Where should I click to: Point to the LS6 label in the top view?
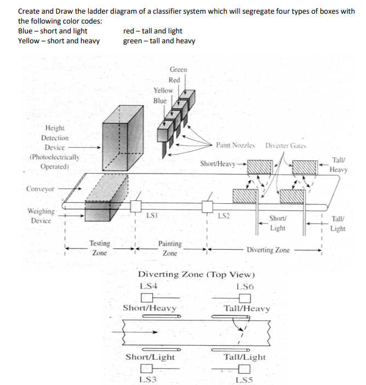point(244,286)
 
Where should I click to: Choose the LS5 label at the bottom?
point(244,379)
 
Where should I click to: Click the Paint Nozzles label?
point(236,146)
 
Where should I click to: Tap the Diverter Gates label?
point(285,146)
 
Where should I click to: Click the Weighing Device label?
point(41,216)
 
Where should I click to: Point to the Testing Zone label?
point(100,248)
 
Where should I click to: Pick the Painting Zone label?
point(170,248)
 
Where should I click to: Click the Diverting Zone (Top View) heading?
point(196,274)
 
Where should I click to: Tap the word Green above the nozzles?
point(178,70)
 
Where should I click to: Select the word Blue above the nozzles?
point(160,101)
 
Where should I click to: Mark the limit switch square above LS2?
point(207,206)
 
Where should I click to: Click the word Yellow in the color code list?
point(28,41)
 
